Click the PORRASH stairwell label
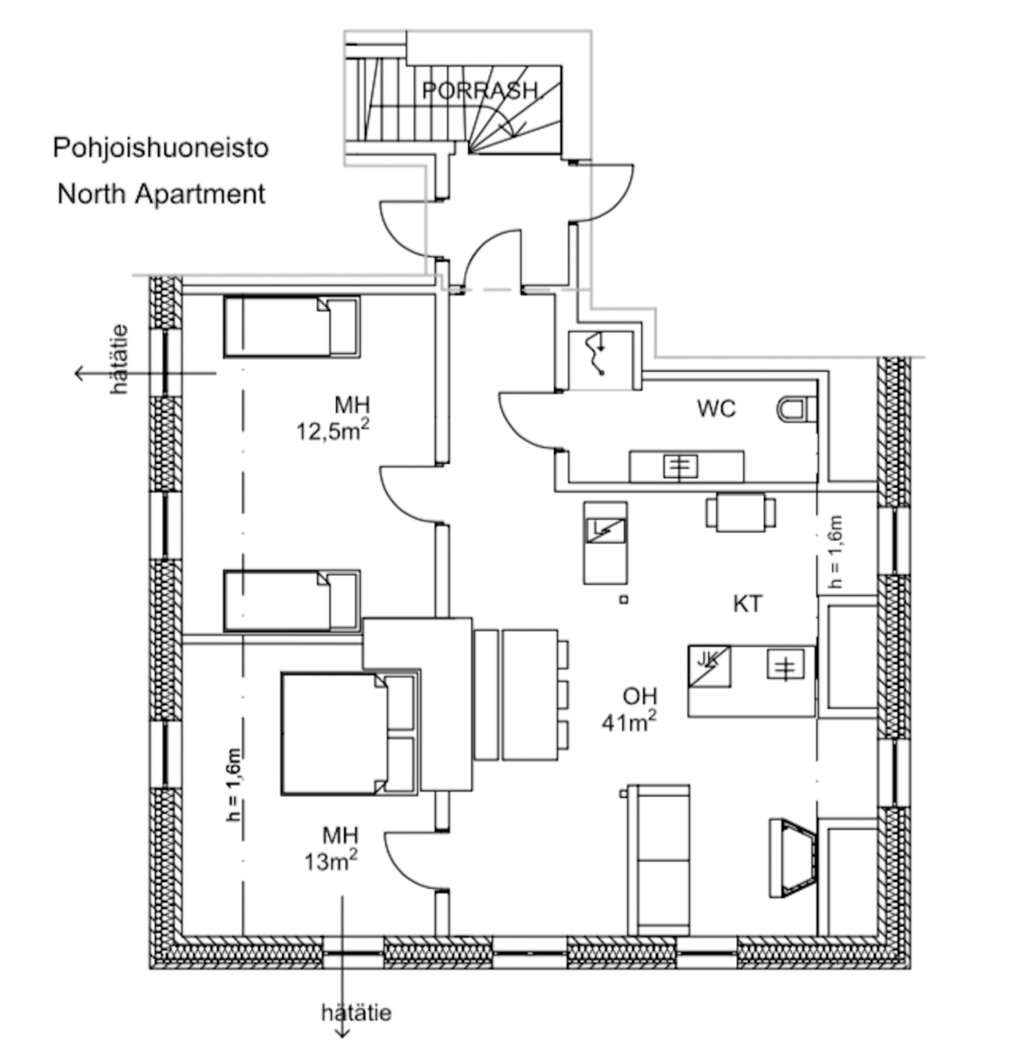click(x=479, y=90)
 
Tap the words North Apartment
click(x=161, y=194)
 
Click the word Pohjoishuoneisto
click(x=161, y=148)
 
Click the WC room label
click(x=716, y=409)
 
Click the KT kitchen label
click(x=747, y=604)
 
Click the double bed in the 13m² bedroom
click(x=333, y=734)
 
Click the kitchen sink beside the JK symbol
click(x=785, y=665)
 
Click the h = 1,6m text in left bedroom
click(x=234, y=784)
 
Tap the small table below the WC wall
click(x=740, y=512)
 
